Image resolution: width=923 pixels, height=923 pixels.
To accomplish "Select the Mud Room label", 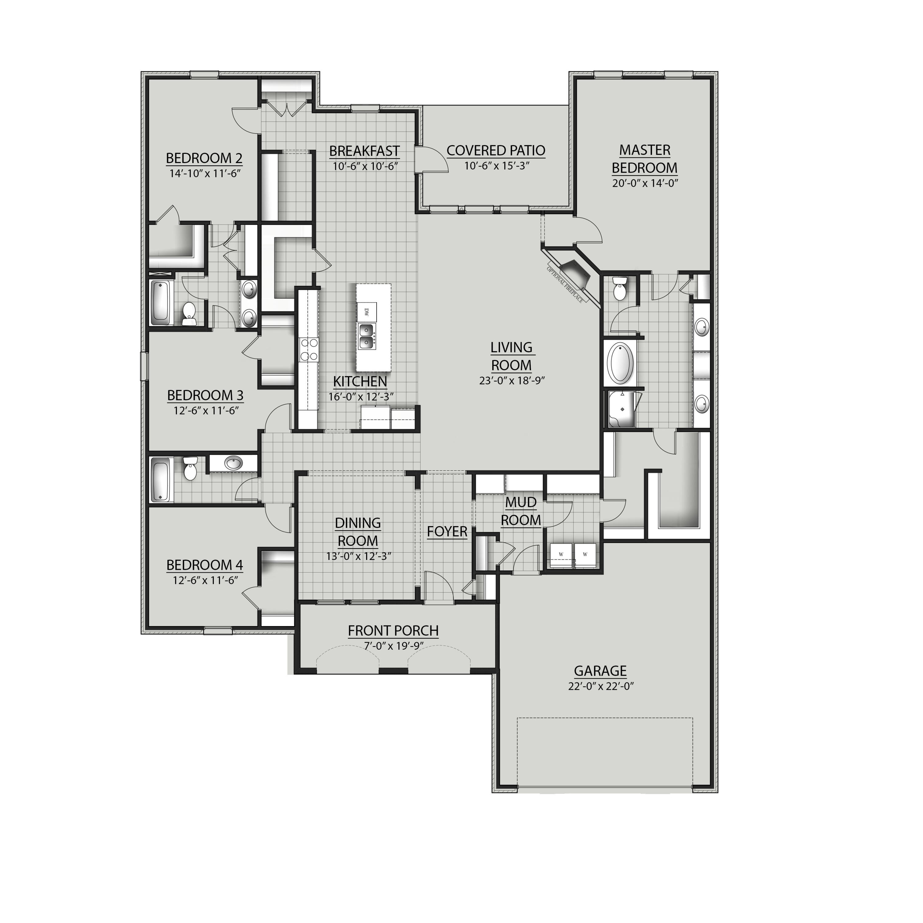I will pyautogui.click(x=521, y=511).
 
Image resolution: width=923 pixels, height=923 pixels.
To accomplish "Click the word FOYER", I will pyautogui.click(x=447, y=531).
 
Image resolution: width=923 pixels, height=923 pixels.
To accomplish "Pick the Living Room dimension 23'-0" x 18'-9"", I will pyautogui.click(x=512, y=381).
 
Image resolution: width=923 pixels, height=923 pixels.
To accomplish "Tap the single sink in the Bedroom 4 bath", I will pyautogui.click(x=234, y=462).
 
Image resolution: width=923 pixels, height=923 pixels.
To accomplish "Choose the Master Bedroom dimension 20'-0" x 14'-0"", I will pyautogui.click(x=645, y=183).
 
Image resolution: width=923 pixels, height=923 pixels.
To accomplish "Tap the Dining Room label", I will pyautogui.click(x=358, y=532).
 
